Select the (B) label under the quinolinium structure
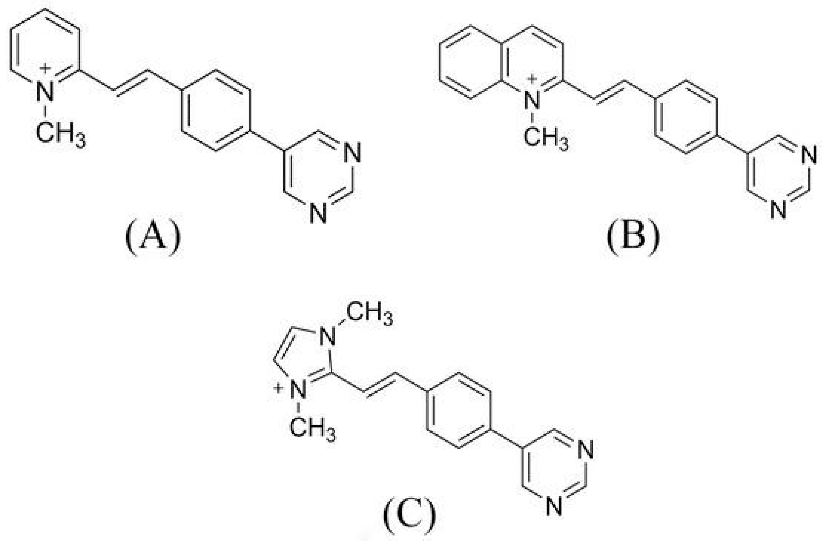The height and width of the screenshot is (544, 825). tap(633, 239)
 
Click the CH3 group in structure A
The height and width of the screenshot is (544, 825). tap(60, 134)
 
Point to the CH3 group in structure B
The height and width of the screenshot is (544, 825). tap(546, 137)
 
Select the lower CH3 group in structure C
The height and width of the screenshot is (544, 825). tap(312, 428)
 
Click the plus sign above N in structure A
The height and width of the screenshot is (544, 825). tap(45, 68)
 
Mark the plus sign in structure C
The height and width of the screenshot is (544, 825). tap(278, 388)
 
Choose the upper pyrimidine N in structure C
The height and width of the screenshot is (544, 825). tap(586, 451)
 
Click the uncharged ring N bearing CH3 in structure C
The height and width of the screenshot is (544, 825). tap(328, 336)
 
